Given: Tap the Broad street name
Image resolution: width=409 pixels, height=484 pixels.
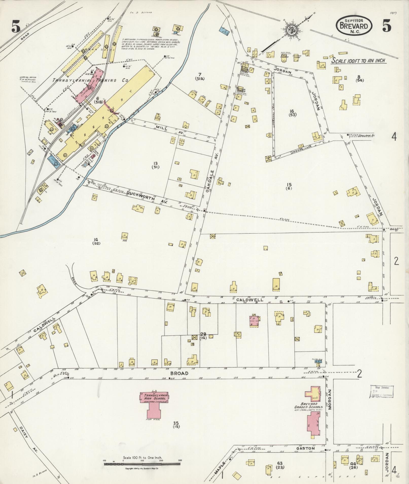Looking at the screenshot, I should tap(180, 373).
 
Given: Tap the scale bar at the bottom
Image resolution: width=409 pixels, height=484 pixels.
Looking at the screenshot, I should tap(142, 464).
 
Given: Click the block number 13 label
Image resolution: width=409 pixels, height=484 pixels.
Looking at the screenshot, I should tap(155, 164).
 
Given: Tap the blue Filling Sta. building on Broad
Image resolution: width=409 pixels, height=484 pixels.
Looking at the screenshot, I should tap(318, 361).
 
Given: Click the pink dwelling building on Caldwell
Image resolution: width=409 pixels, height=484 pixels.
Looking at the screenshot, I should tap(255, 321).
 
